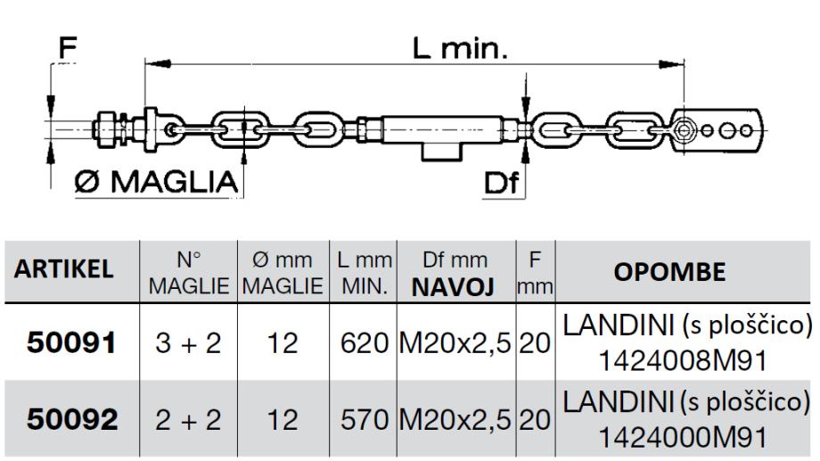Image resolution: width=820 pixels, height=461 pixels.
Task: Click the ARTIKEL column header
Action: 64,269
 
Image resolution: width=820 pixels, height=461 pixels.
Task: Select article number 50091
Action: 71,343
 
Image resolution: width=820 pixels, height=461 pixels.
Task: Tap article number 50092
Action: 72,420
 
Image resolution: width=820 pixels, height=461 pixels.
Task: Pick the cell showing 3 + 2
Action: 188,344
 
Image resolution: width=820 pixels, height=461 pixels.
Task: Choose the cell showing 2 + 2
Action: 188,420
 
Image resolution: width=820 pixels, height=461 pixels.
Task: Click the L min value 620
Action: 364,344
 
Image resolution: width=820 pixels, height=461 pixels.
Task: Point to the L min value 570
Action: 364,420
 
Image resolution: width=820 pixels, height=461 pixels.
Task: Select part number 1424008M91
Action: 682,360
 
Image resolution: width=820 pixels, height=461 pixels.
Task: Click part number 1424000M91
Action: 682,438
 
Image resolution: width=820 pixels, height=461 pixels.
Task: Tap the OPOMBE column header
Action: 669,272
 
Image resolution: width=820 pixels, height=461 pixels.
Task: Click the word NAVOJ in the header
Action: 453,287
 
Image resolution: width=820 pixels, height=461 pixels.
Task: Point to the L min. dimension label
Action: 460,48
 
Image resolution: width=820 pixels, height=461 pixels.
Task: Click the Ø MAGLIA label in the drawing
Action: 156,182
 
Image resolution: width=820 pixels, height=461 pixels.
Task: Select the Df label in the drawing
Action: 501,183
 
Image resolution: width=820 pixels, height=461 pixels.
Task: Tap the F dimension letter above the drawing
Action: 68,47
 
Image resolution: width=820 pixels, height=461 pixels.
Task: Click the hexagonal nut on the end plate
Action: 683,130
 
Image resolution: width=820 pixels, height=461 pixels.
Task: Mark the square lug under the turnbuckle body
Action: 442,152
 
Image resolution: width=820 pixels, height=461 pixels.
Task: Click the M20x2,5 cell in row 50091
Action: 455,344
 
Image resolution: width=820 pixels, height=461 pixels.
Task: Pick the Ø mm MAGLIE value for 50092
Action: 283,420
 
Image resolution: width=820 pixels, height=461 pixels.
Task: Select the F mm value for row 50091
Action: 535,344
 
